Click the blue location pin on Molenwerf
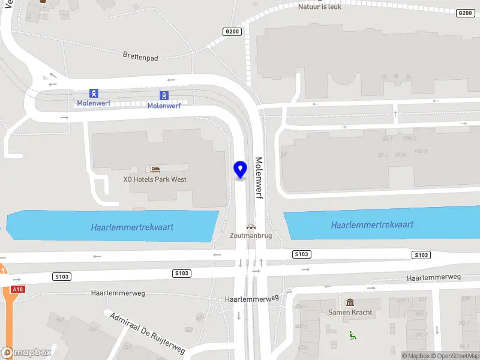(241, 169)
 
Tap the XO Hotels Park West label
(155, 179)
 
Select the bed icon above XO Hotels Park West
(155, 170)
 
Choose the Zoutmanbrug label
(251, 236)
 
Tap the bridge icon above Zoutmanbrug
(251, 227)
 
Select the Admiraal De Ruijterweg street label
(148, 332)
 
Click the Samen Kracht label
(350, 312)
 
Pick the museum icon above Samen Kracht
(350, 302)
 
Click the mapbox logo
(26, 353)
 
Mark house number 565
(93, 329)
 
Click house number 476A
(303, 347)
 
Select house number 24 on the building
(408, 77)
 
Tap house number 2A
(283, 155)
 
